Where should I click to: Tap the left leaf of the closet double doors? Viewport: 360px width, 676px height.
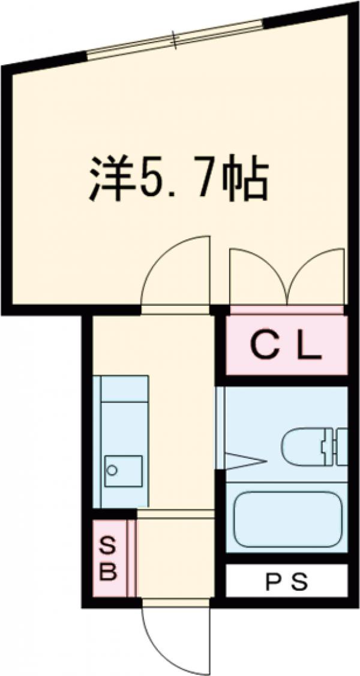click(258, 276)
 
